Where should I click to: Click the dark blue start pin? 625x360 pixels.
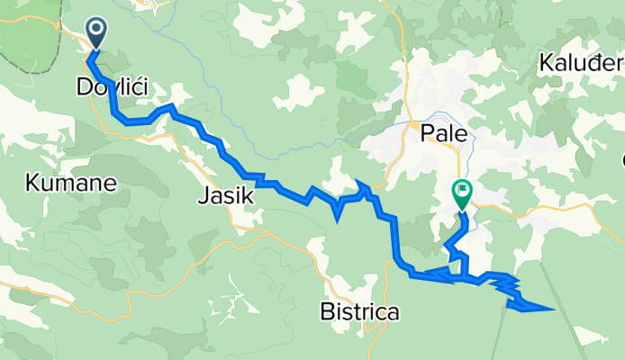coord(96,33)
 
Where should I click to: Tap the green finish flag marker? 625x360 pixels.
coord(462,193)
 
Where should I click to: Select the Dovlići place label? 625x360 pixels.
coord(113,87)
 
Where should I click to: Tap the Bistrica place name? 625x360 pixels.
coord(359,312)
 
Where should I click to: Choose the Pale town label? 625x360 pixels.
coord(444,134)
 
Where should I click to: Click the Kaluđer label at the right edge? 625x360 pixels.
coord(581,64)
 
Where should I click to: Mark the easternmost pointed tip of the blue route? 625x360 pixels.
coord(553,309)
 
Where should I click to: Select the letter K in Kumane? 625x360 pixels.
coord(32,184)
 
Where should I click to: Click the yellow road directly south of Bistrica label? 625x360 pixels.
coord(369,342)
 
